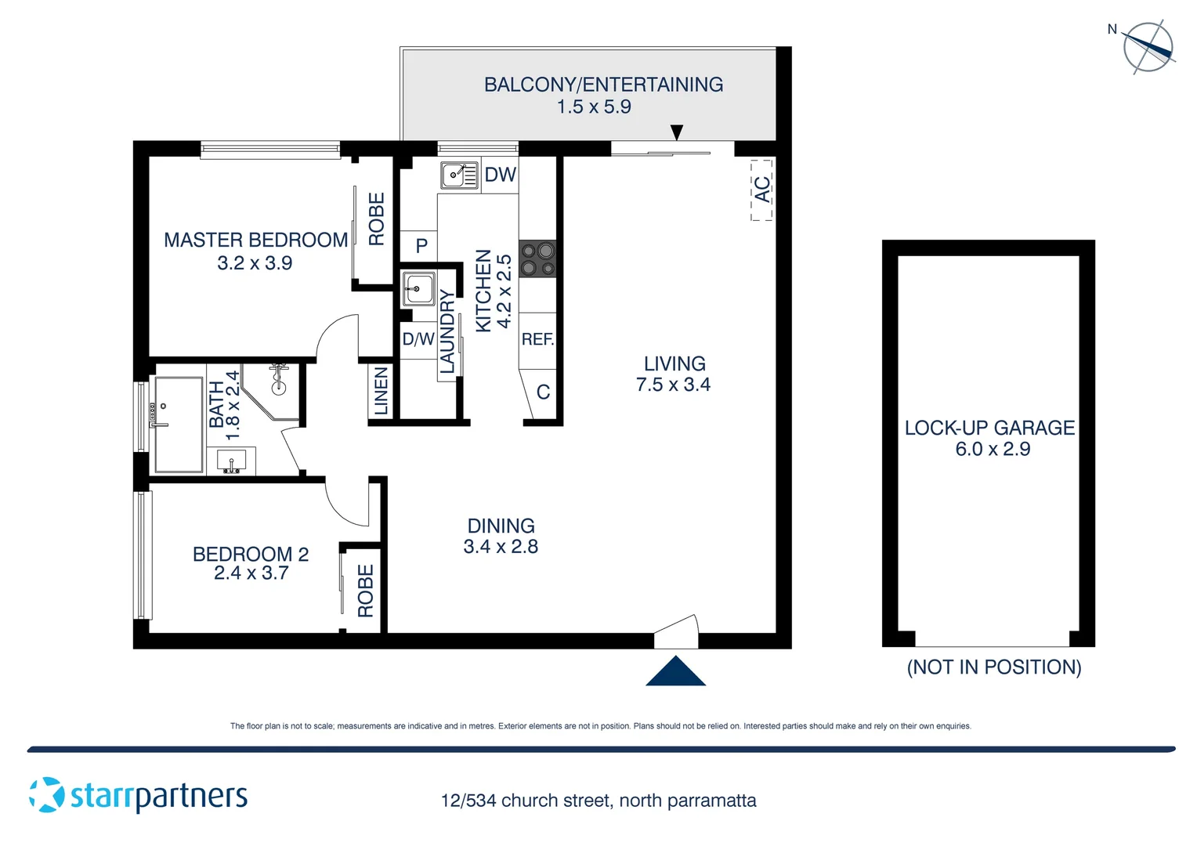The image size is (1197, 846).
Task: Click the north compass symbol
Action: pos(1148,47)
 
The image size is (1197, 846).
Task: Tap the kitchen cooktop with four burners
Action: pos(537,259)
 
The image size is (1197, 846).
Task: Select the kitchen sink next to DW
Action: pos(458,175)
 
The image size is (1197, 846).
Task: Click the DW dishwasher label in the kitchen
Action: pos(500,175)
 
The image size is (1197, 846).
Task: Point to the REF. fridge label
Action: pos(537,339)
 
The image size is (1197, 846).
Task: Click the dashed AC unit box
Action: pos(762,190)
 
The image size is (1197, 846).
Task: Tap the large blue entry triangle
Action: pos(675,672)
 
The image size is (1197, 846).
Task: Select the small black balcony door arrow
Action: pos(677,132)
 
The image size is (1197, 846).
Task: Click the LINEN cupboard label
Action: pos(381,391)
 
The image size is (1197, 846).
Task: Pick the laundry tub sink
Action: pos(418,289)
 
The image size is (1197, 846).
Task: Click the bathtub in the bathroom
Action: pos(179,425)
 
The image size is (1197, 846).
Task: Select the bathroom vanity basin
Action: pos(232,461)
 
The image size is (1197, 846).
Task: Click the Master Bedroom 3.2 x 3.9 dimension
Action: pos(255,263)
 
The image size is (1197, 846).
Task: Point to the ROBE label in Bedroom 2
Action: pos(365,591)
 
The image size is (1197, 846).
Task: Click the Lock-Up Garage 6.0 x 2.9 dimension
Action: pos(992,449)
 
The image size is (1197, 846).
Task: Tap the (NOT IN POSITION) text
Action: pos(993,667)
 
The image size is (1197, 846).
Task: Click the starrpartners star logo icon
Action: pos(47,795)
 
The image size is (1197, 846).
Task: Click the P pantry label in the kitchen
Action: pos(421,246)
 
